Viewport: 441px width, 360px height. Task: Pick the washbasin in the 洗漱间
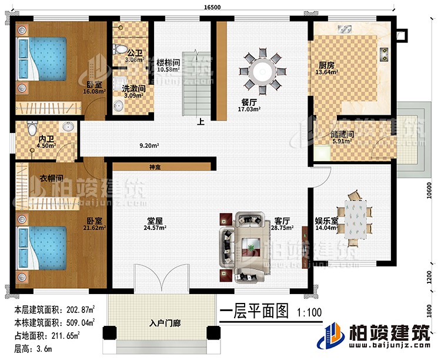[119, 104]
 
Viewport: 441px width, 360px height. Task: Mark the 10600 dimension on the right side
[432, 189]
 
